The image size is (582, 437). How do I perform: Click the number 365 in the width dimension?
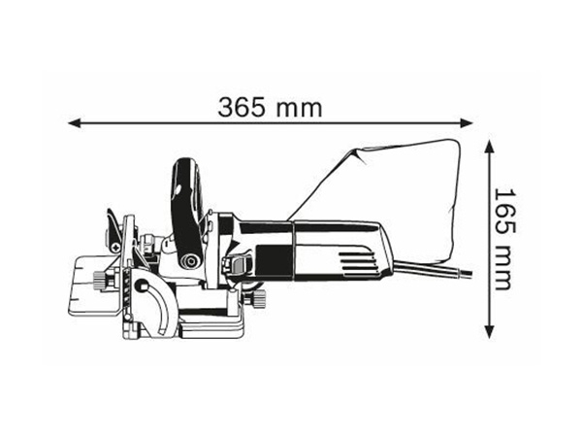tap(242, 108)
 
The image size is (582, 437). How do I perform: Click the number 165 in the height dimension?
tap(505, 213)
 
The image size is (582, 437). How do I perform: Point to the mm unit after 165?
tap(504, 268)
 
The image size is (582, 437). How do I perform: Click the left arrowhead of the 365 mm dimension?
tap(75, 123)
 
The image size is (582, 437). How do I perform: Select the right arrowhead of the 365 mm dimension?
tap(467, 123)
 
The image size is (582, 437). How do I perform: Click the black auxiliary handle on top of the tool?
tap(186, 208)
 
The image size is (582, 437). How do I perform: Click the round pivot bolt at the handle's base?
tap(191, 260)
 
